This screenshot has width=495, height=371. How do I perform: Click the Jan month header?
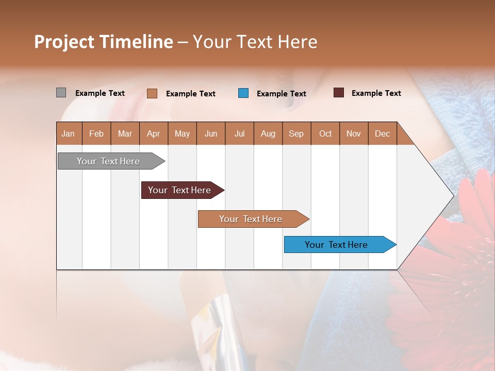coord(68,134)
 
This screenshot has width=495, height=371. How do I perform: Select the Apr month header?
coord(153,134)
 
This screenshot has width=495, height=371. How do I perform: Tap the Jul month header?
coord(239,134)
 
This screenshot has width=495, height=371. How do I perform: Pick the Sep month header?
coord(296,134)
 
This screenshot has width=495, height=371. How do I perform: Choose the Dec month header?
coord(382,134)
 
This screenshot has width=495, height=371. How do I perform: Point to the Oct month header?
coord(325,134)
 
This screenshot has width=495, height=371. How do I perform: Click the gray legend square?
coord(61,93)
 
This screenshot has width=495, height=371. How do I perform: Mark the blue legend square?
coord(243,93)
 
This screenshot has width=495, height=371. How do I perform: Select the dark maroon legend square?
coord(339,93)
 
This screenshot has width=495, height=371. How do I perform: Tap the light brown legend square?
coord(152,93)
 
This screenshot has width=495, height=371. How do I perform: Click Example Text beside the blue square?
coord(282,94)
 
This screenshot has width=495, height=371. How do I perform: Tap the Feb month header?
coord(96,134)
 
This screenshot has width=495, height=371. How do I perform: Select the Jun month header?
coord(210,134)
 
